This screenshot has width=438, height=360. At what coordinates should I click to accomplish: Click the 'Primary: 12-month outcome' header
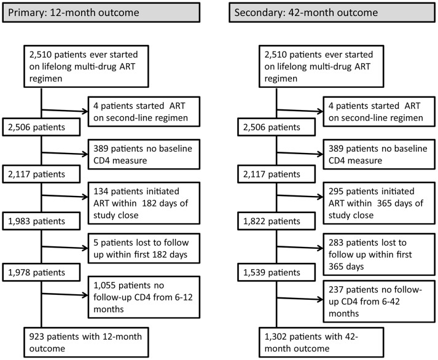[x=101, y=12]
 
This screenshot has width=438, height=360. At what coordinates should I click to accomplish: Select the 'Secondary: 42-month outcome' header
[x=332, y=12]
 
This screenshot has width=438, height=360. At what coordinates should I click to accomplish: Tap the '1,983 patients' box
[x=41, y=221]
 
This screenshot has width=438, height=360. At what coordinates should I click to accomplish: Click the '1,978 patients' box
[x=41, y=272]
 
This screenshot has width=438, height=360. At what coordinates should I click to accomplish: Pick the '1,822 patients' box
[x=276, y=221]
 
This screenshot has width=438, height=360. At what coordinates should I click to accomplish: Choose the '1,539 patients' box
[x=276, y=272]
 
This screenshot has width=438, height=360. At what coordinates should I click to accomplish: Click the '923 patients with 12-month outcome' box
[x=86, y=342]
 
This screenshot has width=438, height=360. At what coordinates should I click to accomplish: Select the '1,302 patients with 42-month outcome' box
[x=321, y=342]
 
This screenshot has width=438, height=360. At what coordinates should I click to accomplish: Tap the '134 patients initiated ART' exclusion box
[x=144, y=203]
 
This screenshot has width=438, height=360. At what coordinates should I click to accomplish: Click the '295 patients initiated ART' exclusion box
[x=379, y=203]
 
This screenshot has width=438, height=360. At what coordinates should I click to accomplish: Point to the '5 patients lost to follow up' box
[x=144, y=248]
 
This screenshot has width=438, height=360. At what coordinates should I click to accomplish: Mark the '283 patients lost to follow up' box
[x=379, y=254]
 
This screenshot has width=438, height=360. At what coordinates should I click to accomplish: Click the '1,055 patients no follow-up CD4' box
[x=144, y=297]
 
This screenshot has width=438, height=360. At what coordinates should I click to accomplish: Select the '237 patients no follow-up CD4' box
[x=379, y=302]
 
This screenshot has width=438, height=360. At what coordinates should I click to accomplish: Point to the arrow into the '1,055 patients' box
[x=65, y=294]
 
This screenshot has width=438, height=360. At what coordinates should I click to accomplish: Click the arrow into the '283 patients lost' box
[x=300, y=247]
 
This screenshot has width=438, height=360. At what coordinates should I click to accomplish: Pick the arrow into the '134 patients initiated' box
[x=65, y=196]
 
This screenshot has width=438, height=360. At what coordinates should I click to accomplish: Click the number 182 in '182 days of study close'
[x=149, y=203]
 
